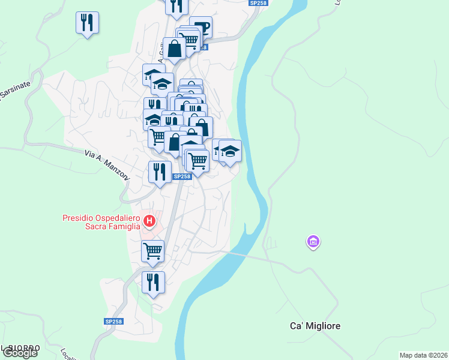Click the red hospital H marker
click(149, 222)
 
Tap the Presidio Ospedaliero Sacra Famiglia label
click(101, 221)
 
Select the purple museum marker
click(313, 242)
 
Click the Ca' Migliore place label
click(315, 326)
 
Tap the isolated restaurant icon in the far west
click(88, 23)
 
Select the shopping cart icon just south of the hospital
click(153, 250)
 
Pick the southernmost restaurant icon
click(153, 281)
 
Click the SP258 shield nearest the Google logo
click(113, 322)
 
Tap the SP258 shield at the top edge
click(259, 3)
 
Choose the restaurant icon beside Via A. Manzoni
click(159, 172)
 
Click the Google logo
click(19, 353)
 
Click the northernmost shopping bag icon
click(175, 49)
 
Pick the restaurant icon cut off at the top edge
click(176, 6)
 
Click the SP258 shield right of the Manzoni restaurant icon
click(182, 176)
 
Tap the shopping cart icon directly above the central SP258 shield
click(197, 161)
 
